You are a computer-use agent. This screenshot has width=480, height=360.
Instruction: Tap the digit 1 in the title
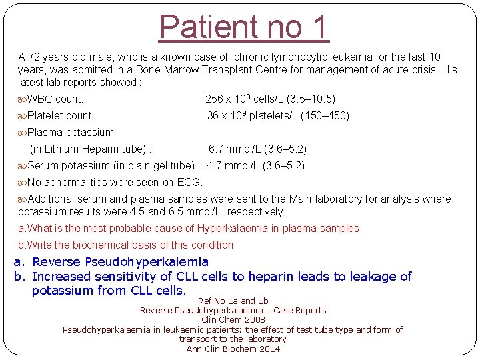tap(319, 27)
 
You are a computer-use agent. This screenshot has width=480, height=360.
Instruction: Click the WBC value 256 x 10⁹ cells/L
tap(244, 99)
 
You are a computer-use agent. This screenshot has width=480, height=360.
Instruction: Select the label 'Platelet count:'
tap(61, 116)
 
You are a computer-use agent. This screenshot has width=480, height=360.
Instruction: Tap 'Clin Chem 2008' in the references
tap(233, 320)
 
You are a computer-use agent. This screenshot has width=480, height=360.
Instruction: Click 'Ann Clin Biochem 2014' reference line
tap(233, 349)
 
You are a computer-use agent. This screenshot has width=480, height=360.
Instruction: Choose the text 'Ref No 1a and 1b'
tap(233, 301)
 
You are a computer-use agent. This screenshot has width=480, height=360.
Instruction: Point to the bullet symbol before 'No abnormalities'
tap(23, 183)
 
